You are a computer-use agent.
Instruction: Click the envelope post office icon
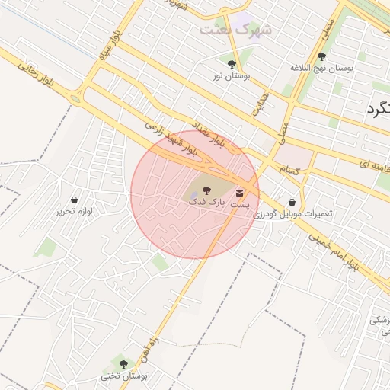241,193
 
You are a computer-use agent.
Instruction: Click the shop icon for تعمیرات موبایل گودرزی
293,202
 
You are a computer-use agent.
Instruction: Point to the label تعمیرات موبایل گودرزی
293,215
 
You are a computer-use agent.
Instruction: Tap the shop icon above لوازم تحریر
73,199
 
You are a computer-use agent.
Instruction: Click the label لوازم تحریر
73,211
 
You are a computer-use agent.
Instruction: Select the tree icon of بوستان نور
232,63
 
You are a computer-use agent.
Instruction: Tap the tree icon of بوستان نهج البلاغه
321,56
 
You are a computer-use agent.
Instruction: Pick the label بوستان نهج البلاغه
321,69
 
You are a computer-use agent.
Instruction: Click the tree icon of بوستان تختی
123,364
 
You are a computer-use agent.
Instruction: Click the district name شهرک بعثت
236,29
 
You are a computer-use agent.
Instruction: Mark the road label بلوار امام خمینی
333,251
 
